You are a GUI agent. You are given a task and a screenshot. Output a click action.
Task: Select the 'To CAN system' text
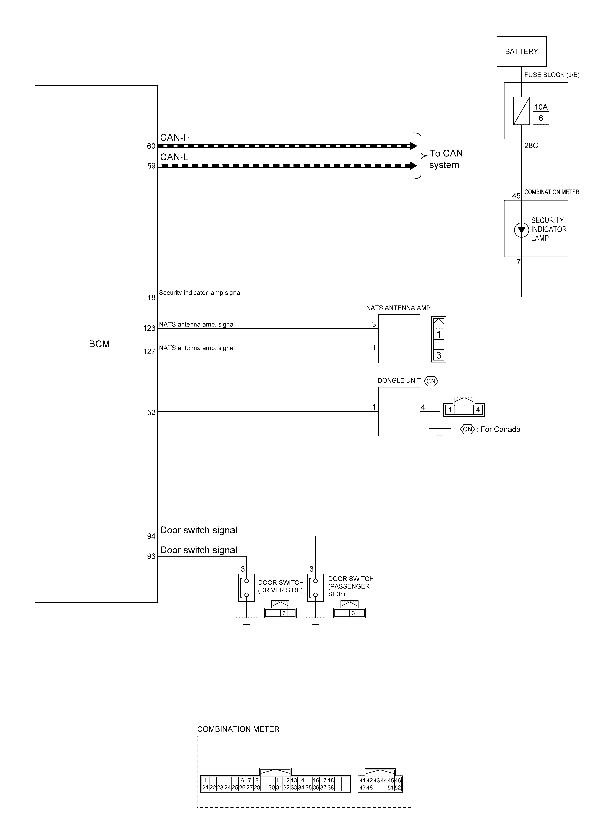pos(446,159)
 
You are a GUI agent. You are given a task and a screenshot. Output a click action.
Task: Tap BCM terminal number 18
pos(151,298)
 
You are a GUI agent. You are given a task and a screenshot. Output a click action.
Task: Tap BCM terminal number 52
pos(151,412)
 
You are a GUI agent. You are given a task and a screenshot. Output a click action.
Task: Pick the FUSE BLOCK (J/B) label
pos(552,75)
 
